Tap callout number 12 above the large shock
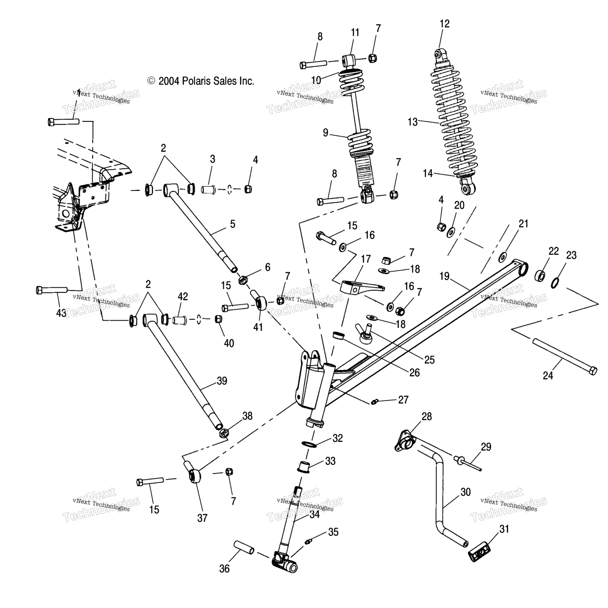coord(445,24)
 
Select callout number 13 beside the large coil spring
coord(412,122)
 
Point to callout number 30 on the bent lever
coord(465,492)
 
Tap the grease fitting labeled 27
coord(373,402)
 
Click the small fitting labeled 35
coord(309,541)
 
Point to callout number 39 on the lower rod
coord(222,381)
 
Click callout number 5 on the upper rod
coord(232,224)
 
